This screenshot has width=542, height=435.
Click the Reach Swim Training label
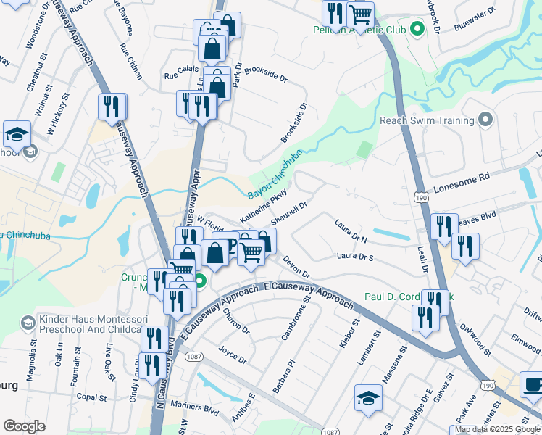tap(426, 120)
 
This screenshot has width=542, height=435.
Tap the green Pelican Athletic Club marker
tap(417, 30)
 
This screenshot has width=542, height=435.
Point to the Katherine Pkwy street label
tap(264, 207)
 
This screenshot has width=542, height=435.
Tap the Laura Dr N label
tap(351, 231)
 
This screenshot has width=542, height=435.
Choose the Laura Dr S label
tap(355, 257)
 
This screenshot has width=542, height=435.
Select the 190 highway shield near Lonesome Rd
tap(420, 196)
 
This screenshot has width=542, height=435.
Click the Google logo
tap(24, 426)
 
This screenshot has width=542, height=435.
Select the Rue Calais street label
tap(180, 75)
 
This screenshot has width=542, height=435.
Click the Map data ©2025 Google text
tap(496, 429)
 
